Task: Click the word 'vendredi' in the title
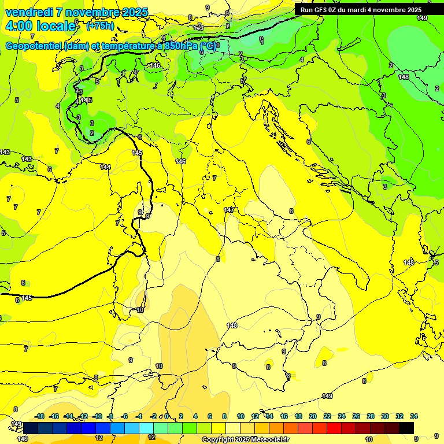pyautogui.click(x=29, y=12)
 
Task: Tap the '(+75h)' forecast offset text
pyautogui.click(x=100, y=26)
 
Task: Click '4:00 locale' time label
pyautogui.click(x=40, y=26)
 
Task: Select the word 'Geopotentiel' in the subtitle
pyautogui.click(x=35, y=46)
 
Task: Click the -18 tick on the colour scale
pyautogui.click(x=39, y=416)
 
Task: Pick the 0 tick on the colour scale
pyautogui.click(x=166, y=416)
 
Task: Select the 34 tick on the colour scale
pyautogui.click(x=413, y=416)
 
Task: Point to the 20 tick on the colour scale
pyautogui.click(x=313, y=416)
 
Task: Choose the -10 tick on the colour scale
pyautogui.click(x=97, y=416)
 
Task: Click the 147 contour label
pyautogui.click(x=229, y=210)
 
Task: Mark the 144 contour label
pyautogui.click(x=105, y=167)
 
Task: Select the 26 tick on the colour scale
pyautogui.click(x=356, y=416)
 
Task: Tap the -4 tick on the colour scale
pyautogui.click(x=138, y=416)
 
